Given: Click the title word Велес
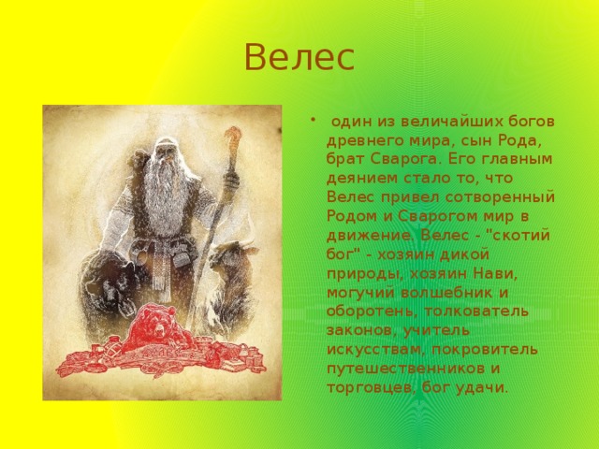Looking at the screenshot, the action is pyautogui.click(x=299, y=57).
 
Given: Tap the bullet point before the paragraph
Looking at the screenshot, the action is pyautogui.click(x=313, y=121).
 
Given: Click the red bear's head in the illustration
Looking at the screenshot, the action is pyautogui.click(x=156, y=321).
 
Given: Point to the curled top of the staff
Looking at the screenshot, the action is pyautogui.click(x=232, y=136).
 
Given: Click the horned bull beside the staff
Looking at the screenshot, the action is pyautogui.click(x=232, y=275).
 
